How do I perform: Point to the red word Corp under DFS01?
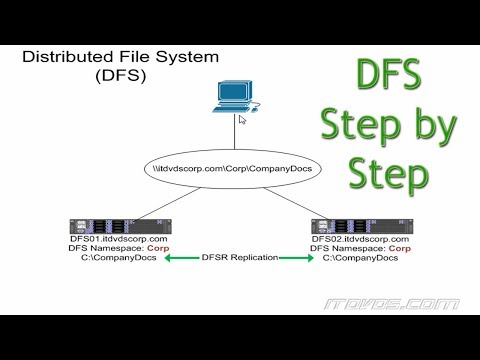tap(159, 249)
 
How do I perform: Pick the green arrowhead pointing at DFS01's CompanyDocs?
tap(170, 258)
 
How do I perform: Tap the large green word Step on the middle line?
tap(357, 129)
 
